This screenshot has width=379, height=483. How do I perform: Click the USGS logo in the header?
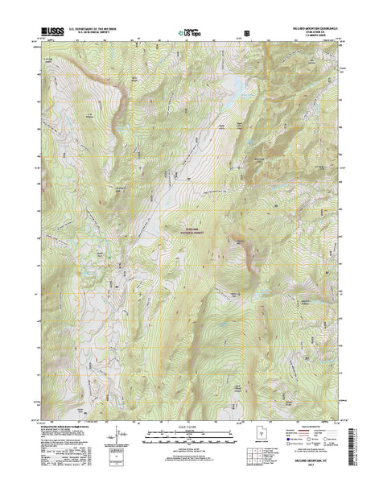(x=50, y=34)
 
